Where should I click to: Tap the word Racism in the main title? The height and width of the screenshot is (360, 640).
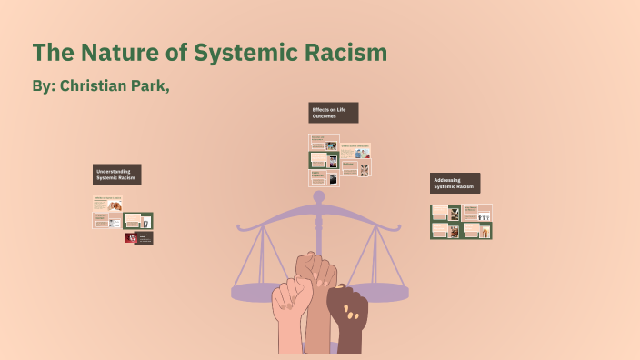(343, 53)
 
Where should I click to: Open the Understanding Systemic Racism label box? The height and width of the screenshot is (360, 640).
(116, 175)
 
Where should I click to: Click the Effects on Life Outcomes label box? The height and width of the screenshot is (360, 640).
(334, 113)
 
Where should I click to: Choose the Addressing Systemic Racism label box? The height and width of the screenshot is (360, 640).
(455, 183)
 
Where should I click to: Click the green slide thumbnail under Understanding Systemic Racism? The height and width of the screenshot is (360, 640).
(138, 220)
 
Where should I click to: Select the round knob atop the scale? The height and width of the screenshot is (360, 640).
(318, 195)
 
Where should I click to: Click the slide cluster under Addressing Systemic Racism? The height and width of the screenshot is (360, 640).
(461, 221)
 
